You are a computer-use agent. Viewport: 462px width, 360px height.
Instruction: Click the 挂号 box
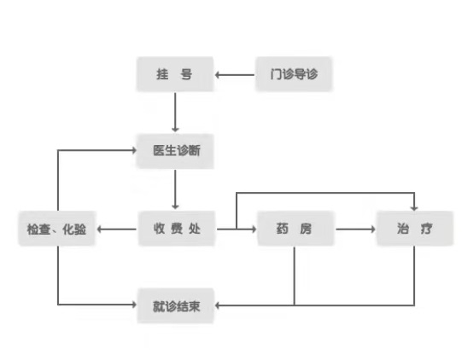click(175, 74)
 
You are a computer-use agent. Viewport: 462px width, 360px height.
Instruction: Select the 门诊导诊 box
click(294, 74)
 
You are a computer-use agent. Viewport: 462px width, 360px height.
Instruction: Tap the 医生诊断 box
click(175, 151)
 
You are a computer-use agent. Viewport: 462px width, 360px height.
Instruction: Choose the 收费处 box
click(177, 229)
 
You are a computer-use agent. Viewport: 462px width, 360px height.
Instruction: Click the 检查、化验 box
click(57, 229)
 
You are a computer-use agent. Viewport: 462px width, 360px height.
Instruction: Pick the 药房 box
click(295, 229)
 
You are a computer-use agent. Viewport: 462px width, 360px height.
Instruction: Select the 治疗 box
click(415, 229)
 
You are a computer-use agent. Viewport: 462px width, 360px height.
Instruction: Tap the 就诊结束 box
click(176, 306)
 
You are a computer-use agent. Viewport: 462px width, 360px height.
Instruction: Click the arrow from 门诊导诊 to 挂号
click(235, 75)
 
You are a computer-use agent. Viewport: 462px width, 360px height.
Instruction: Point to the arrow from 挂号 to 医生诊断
click(175, 113)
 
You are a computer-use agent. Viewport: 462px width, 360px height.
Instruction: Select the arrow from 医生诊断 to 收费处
click(175, 189)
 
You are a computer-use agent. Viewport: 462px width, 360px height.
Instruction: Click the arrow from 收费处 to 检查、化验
click(117, 229)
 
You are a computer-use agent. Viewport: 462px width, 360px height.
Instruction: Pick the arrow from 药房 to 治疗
click(356, 229)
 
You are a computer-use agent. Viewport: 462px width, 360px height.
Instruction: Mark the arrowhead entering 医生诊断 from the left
click(134, 150)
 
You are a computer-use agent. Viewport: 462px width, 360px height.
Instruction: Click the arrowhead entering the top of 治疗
click(414, 208)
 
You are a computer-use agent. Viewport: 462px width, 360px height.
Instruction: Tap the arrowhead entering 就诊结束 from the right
click(218, 305)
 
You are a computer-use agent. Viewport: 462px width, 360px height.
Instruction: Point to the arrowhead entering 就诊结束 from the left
click(134, 305)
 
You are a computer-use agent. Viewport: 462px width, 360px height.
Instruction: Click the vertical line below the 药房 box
click(294, 276)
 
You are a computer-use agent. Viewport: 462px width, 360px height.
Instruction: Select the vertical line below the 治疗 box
click(414, 276)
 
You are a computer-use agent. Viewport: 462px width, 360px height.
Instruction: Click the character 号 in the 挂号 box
click(186, 74)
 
